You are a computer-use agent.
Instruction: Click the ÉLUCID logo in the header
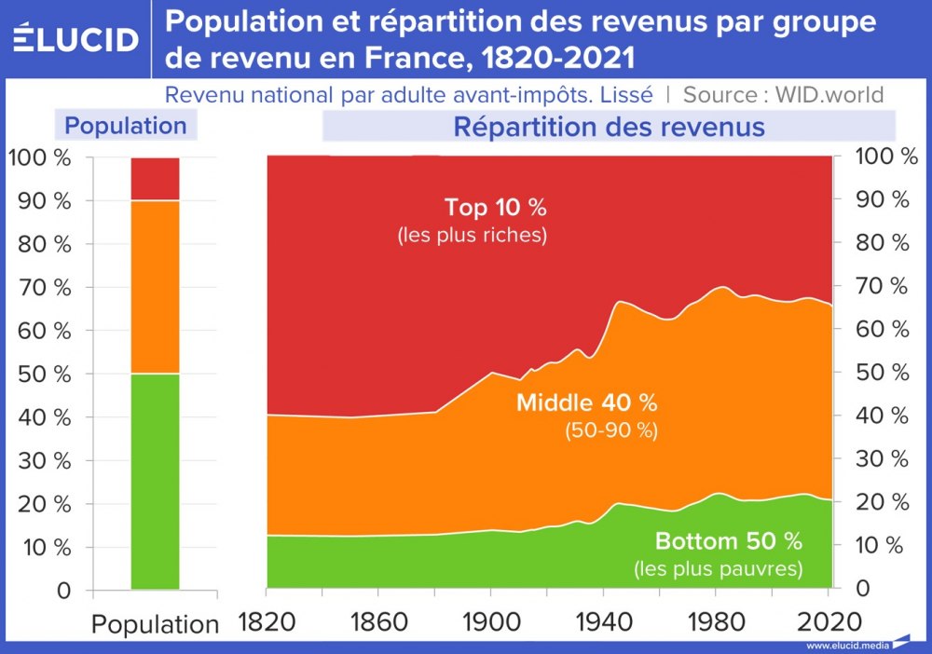click(75, 38)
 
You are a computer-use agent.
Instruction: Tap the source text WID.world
click(829, 94)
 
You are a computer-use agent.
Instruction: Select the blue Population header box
click(126, 126)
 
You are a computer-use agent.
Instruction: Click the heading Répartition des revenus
click(609, 126)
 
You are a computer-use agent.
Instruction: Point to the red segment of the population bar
click(155, 178)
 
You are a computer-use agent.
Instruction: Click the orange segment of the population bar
click(155, 287)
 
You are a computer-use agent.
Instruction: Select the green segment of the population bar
click(155, 481)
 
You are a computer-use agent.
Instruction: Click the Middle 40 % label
click(586, 403)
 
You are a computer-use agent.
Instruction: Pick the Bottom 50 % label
click(728, 541)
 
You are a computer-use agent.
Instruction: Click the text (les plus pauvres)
click(718, 567)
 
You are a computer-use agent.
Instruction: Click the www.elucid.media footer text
click(846, 646)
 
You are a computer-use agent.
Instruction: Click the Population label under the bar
click(155, 623)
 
